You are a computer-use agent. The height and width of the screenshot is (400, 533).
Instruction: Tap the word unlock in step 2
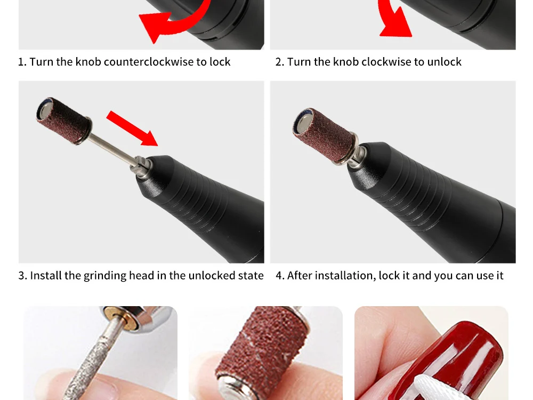[445, 62]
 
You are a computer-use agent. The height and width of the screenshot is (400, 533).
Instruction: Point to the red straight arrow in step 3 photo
[132, 128]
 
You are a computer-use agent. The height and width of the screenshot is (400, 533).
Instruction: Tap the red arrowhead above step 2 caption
[395, 25]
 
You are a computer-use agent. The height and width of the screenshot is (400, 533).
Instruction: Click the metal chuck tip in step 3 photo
[140, 166]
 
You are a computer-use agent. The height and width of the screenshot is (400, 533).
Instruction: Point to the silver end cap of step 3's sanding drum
[44, 109]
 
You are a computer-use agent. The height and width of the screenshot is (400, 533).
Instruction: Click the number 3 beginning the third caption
[22, 276]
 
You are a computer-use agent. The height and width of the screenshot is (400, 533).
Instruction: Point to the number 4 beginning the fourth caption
[279, 276]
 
